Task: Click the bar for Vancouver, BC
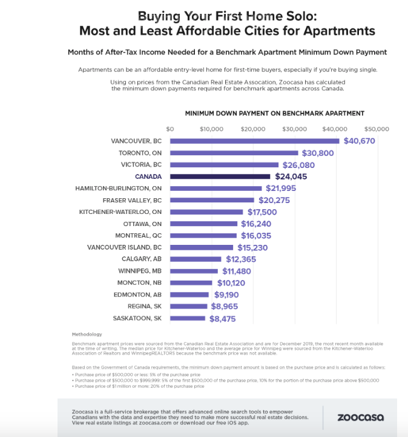(x=254, y=141)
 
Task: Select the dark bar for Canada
(x=220, y=176)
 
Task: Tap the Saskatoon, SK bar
(x=187, y=318)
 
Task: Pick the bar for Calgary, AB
(x=196, y=259)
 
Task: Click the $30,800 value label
(x=318, y=153)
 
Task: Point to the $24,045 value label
(x=294, y=177)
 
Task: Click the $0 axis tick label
(x=169, y=129)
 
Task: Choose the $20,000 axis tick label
(x=252, y=129)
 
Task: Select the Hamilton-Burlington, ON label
(x=119, y=188)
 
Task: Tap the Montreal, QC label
(x=138, y=236)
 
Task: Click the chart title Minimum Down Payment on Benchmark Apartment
(x=274, y=113)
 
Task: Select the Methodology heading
(x=87, y=335)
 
